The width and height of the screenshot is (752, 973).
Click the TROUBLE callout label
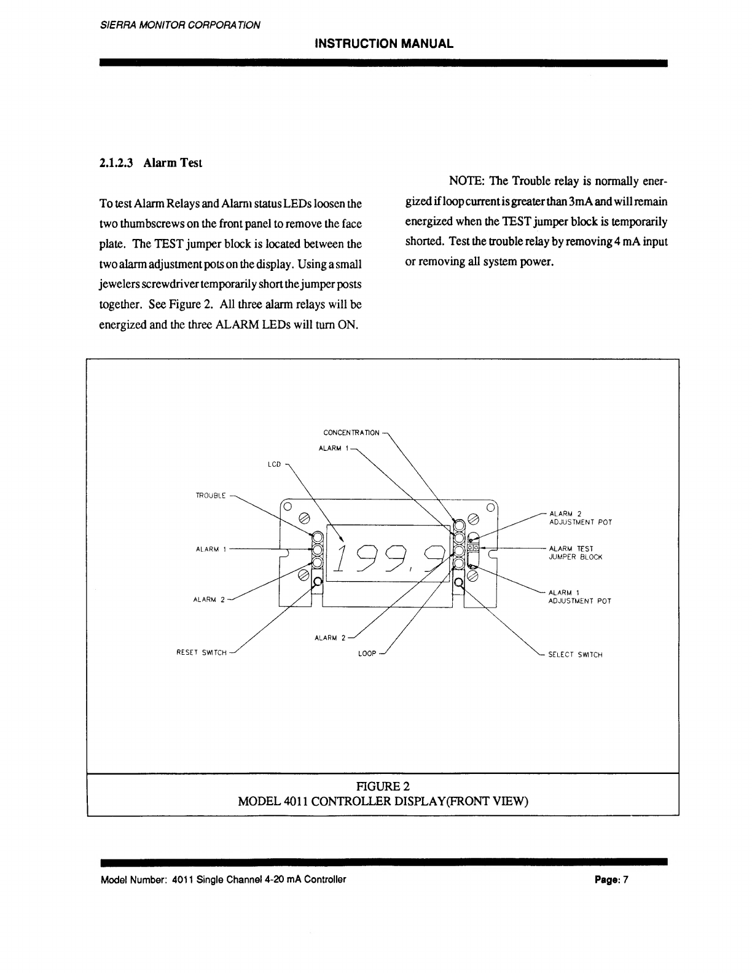tap(210, 495)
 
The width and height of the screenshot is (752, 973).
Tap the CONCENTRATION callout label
tap(351, 432)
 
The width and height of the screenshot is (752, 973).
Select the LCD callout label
tap(274, 464)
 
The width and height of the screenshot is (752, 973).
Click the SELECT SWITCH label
tap(575, 655)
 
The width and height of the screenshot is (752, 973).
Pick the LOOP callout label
tap(367, 654)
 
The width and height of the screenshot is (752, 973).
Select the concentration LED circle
tap(459, 525)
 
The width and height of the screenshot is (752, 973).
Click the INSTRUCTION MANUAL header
tap(383, 44)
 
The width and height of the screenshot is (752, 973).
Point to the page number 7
tap(625, 879)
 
